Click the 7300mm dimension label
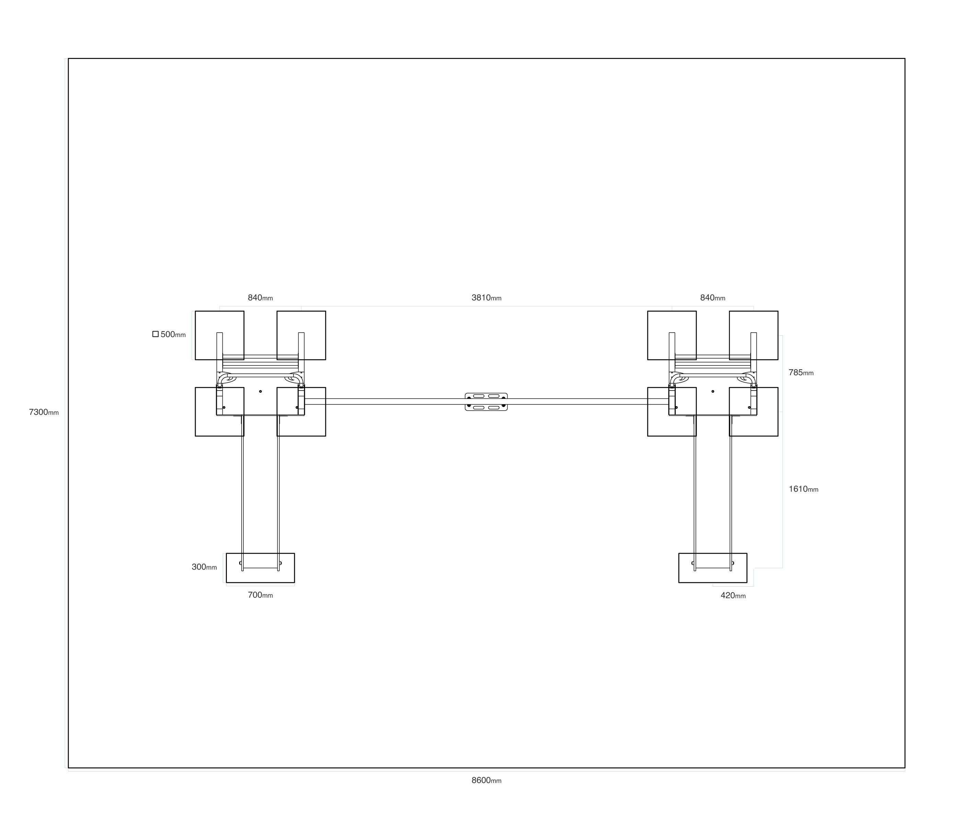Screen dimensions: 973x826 pos(44,412)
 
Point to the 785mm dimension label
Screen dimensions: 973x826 pos(801,373)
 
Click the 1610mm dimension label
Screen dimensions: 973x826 pos(803,489)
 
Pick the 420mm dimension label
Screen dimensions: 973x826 pos(733,596)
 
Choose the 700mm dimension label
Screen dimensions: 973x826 pos(260,595)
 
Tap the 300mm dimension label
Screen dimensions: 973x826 pos(204,567)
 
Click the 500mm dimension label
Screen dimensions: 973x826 pos(173,334)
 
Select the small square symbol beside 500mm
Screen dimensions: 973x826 pos(155,334)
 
